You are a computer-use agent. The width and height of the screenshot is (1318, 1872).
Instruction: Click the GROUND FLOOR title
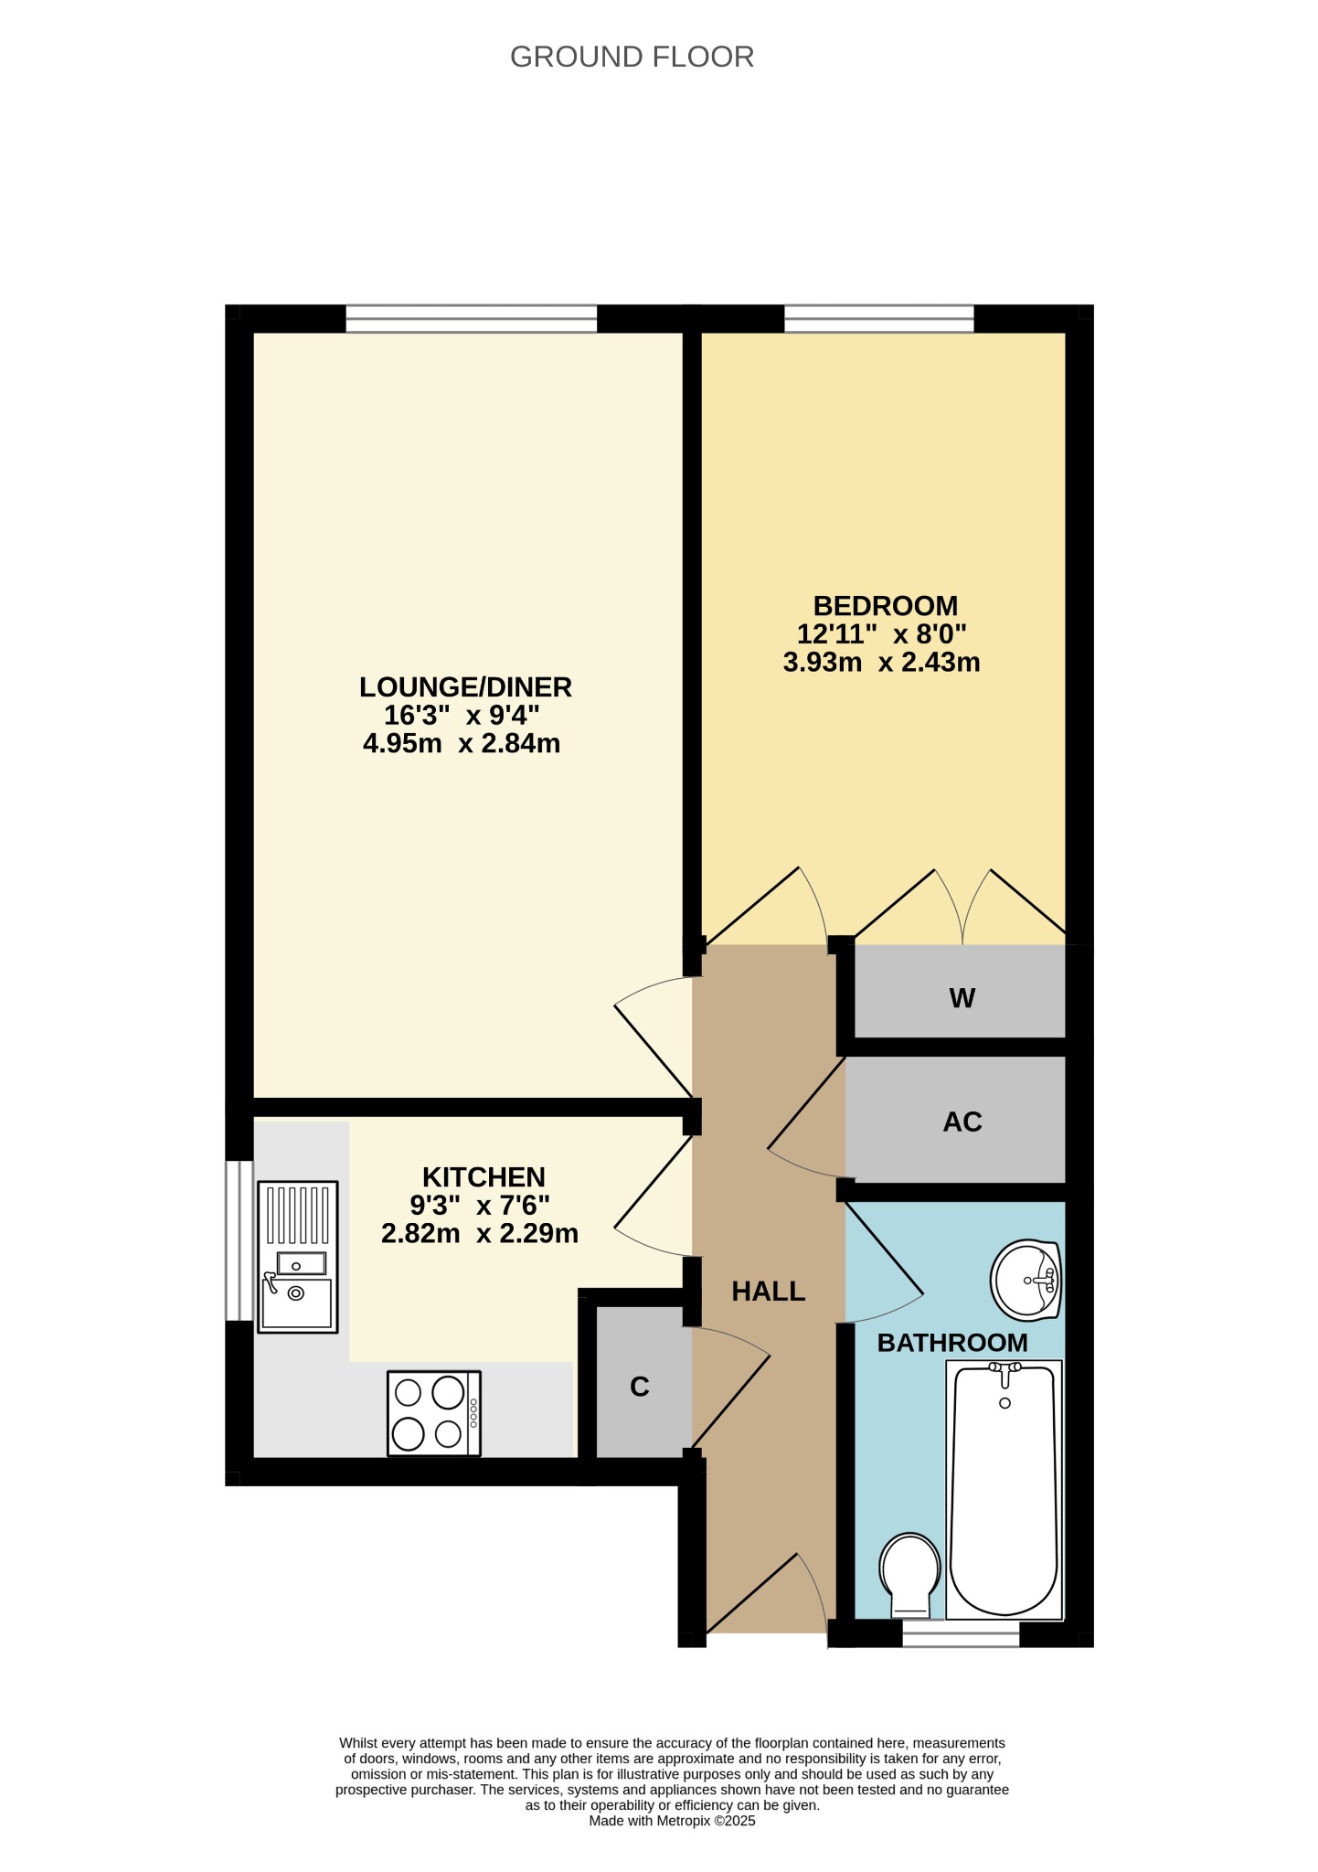point(632,57)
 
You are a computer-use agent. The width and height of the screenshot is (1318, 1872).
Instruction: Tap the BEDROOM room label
point(886,606)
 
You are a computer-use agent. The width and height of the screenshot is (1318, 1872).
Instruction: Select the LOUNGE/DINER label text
point(465,686)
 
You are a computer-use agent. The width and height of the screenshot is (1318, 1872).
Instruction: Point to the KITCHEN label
point(484,1176)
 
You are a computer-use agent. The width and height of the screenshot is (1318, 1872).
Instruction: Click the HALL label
point(769,1291)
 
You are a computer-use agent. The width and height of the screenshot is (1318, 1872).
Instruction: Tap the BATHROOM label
point(952,1342)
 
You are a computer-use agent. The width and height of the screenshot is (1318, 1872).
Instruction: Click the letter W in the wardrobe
point(962,998)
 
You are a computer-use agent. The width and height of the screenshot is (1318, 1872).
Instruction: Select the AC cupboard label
point(962,1122)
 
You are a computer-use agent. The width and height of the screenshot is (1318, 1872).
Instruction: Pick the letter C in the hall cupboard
point(640,1387)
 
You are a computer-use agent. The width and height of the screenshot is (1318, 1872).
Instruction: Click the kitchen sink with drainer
point(298,1256)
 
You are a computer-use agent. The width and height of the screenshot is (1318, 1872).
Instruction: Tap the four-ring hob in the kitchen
point(434,1412)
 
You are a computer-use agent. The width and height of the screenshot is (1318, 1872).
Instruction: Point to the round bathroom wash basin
point(1026,1280)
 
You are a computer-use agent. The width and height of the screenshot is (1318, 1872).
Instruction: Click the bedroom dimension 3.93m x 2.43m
point(882,662)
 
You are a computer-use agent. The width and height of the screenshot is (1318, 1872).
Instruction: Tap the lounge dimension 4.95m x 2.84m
point(462,743)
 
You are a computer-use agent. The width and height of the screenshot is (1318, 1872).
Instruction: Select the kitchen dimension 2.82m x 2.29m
point(480,1233)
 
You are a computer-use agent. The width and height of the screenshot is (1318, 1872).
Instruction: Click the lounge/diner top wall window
point(472,318)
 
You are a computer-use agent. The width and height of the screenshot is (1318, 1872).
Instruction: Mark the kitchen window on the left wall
point(239,1240)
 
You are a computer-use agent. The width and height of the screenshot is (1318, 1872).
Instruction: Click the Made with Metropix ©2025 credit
point(672,1820)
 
